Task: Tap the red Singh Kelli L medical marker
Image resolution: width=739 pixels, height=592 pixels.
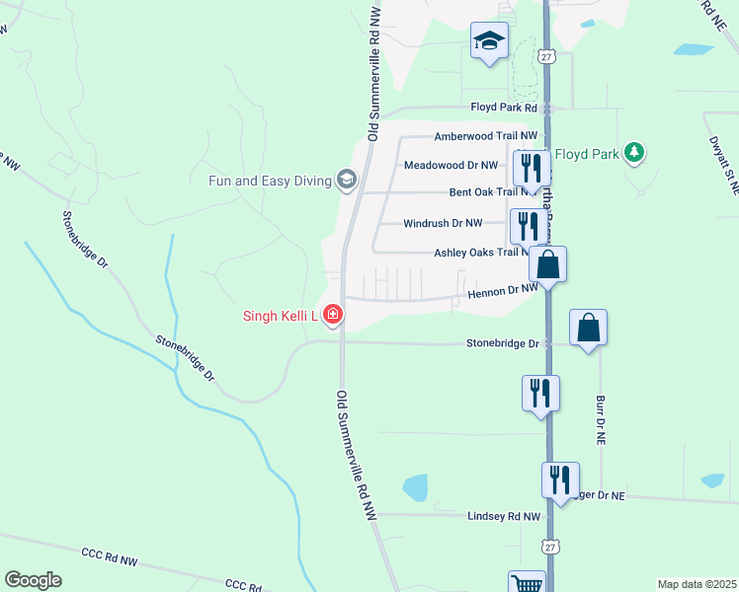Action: tap(333, 316)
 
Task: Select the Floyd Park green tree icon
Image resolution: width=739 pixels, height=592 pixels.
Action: tap(635, 153)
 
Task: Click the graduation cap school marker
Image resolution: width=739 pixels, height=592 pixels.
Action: tap(489, 41)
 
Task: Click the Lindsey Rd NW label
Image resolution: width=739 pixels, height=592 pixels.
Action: tap(505, 516)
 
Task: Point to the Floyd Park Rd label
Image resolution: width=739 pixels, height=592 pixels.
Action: tap(503, 108)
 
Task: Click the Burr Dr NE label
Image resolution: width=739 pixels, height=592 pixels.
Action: tap(601, 417)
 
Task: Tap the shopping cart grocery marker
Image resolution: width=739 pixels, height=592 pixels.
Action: tap(527, 583)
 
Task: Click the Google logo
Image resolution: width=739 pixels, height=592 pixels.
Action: tap(33, 579)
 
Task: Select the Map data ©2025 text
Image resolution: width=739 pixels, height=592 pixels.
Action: tap(696, 584)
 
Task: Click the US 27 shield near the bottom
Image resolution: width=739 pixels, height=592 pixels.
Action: tap(549, 546)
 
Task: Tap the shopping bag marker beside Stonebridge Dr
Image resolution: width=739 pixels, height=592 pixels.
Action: tap(588, 329)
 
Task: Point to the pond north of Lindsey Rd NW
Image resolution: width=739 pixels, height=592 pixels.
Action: tap(416, 487)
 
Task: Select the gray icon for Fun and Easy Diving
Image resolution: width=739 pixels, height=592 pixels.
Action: tap(346, 180)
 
